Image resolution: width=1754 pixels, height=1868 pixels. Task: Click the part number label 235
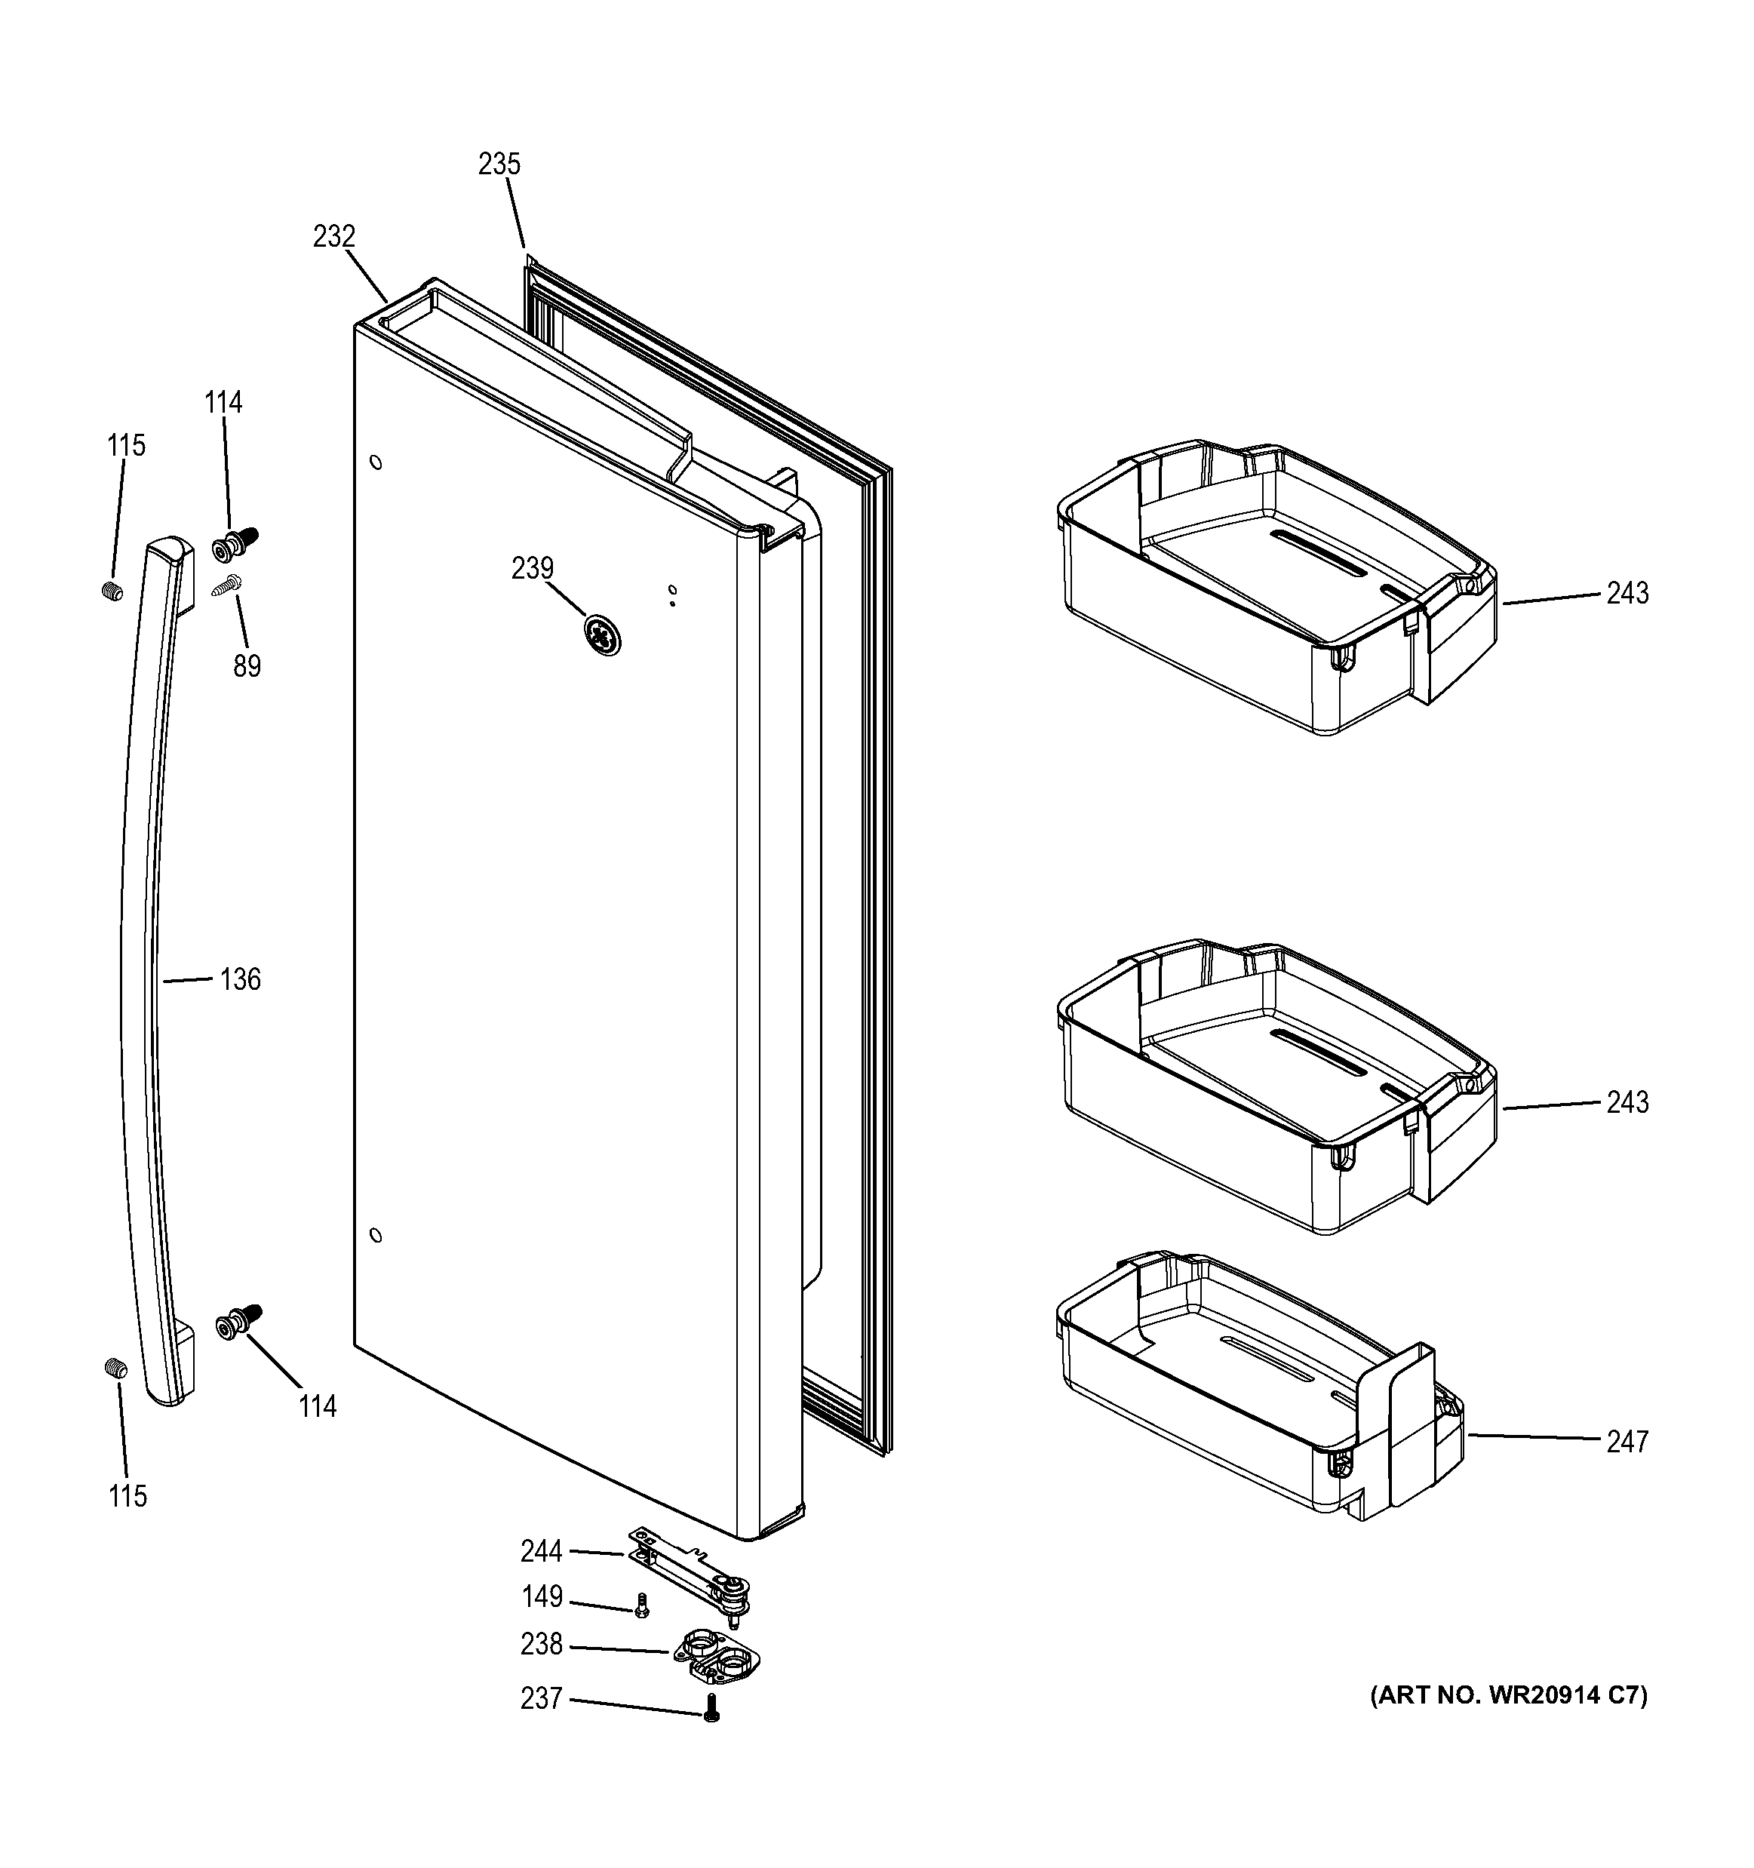tap(499, 164)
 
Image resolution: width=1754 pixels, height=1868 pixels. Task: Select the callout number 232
tap(333, 237)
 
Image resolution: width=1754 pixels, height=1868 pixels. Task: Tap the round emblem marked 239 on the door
tap(601, 636)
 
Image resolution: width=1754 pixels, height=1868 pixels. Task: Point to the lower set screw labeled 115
tap(115, 1369)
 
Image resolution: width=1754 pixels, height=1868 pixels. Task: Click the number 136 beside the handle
tap(240, 980)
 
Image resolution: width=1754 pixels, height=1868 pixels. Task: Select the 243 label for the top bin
tap(1627, 593)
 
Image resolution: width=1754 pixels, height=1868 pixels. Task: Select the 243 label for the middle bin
tap(1627, 1102)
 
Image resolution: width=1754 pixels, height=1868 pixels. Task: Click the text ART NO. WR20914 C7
tap(1509, 1722)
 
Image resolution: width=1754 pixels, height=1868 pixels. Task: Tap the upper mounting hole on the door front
tap(376, 462)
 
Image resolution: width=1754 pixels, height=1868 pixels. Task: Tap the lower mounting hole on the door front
tap(376, 1235)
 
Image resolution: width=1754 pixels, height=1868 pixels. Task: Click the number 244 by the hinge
tap(541, 1551)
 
